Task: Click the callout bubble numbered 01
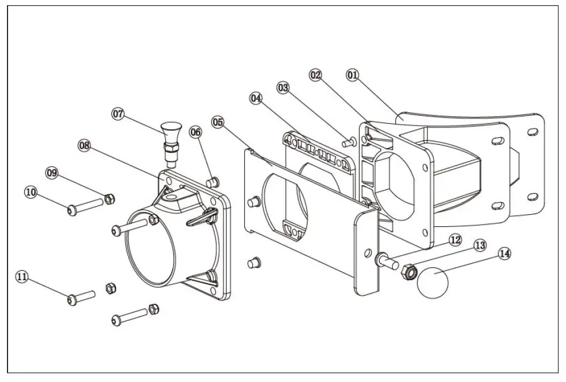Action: [353, 75]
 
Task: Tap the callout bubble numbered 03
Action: [283, 88]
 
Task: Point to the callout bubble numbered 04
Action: [256, 98]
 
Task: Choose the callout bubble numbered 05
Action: [217, 122]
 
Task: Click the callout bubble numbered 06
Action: [195, 133]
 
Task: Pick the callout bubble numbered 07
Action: [118, 114]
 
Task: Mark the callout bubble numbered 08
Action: [85, 146]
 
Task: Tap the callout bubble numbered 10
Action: [30, 190]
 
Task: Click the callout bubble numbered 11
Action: [21, 278]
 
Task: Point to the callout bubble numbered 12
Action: [454, 238]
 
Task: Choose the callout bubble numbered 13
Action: [479, 245]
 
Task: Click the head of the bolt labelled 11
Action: [72, 299]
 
